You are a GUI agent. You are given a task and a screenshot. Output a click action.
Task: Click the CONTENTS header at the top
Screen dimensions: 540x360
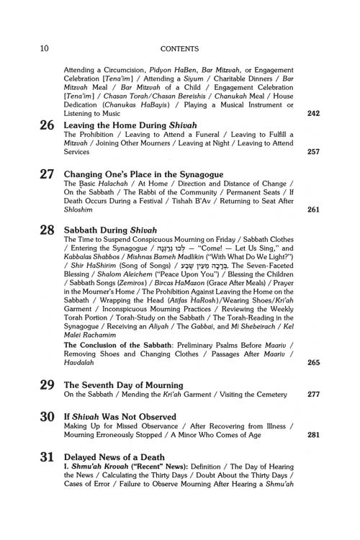pos(179,29)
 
